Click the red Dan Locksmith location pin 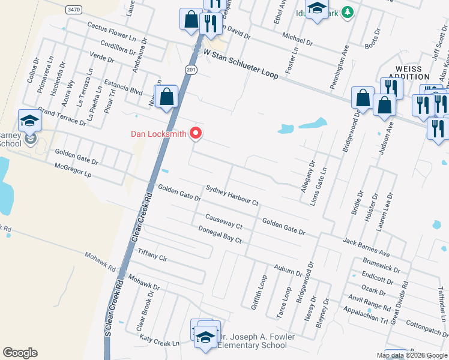196,133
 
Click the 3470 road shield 74,10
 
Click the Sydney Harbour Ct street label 232,196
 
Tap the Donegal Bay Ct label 220,234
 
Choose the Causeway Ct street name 223,221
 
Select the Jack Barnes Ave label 366,245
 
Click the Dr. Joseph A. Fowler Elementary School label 256,341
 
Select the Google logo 20,352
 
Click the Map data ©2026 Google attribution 412,355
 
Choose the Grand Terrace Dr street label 62,116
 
